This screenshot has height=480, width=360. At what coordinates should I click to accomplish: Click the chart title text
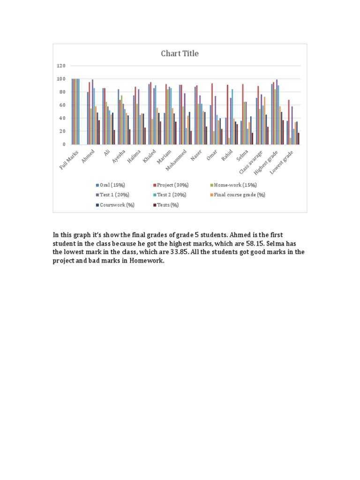tap(180, 53)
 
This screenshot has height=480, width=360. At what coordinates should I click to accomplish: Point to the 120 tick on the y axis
tap(61, 66)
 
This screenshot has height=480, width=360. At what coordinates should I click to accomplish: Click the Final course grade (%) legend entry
tap(239, 195)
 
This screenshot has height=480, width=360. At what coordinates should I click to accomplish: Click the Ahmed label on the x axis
tap(89, 155)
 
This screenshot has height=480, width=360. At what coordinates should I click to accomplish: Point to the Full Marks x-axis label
tap(70, 160)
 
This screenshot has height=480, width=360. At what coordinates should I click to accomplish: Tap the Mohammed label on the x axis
tap(178, 159)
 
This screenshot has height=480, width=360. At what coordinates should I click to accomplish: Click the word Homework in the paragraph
tap(148, 261)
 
